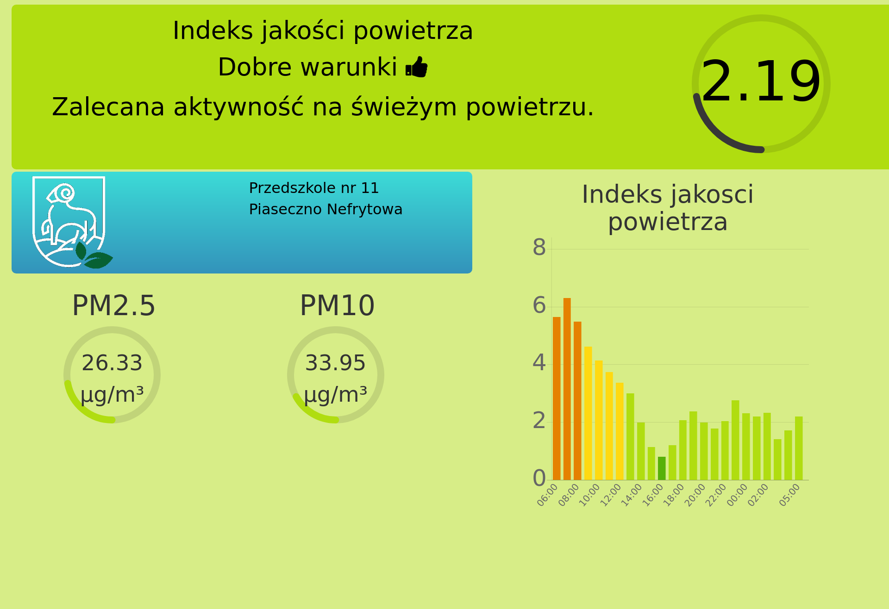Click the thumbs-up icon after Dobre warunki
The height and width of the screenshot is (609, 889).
point(416,67)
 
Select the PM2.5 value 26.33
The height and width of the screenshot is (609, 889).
point(112,363)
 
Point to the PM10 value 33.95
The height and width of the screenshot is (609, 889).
point(335,363)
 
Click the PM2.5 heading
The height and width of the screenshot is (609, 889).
point(114,306)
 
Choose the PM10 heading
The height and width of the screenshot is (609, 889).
point(337,306)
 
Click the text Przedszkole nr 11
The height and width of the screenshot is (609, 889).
point(314,188)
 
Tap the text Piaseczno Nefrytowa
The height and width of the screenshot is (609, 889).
point(326,209)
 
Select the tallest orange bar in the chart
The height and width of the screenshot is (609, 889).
point(567,389)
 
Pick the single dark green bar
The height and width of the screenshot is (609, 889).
point(662,468)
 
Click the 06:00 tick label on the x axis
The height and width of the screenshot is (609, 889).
point(548,495)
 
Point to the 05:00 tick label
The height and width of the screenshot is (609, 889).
point(789,495)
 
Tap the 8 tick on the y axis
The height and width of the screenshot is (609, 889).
point(539,248)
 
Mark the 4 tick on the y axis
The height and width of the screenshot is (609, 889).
point(539,363)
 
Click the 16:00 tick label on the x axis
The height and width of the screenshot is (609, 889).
point(653,495)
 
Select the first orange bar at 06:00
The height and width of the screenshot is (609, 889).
point(557,398)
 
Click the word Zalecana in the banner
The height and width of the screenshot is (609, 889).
point(108,107)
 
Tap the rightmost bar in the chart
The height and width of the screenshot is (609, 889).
point(799,448)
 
